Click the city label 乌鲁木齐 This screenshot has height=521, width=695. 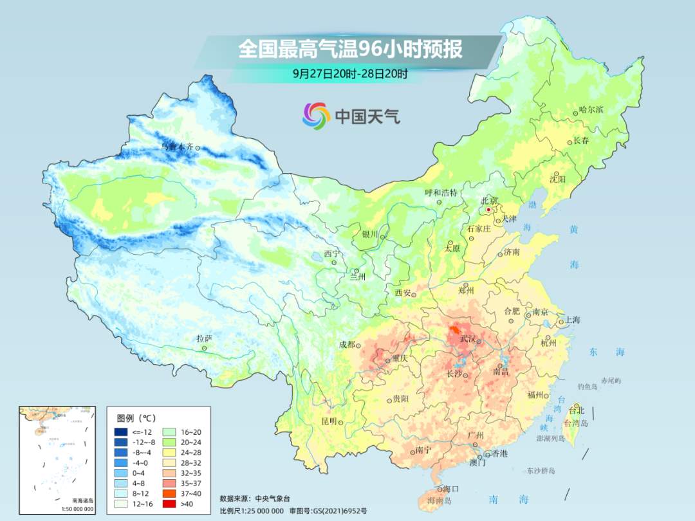pyautogui.click(x=176, y=147)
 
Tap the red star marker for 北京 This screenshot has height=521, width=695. pyautogui.click(x=488, y=210)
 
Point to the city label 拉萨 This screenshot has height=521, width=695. pyautogui.click(x=204, y=338)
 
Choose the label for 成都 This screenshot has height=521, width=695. pyautogui.click(x=346, y=345)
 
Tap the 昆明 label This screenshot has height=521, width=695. pyautogui.click(x=328, y=421)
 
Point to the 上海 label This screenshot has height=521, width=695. pyautogui.click(x=572, y=320)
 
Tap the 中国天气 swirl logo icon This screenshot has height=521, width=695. pyautogui.click(x=316, y=116)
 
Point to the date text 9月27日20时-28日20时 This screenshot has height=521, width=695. pyautogui.click(x=350, y=73)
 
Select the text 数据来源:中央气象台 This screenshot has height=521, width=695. pyautogui.click(x=255, y=498)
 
